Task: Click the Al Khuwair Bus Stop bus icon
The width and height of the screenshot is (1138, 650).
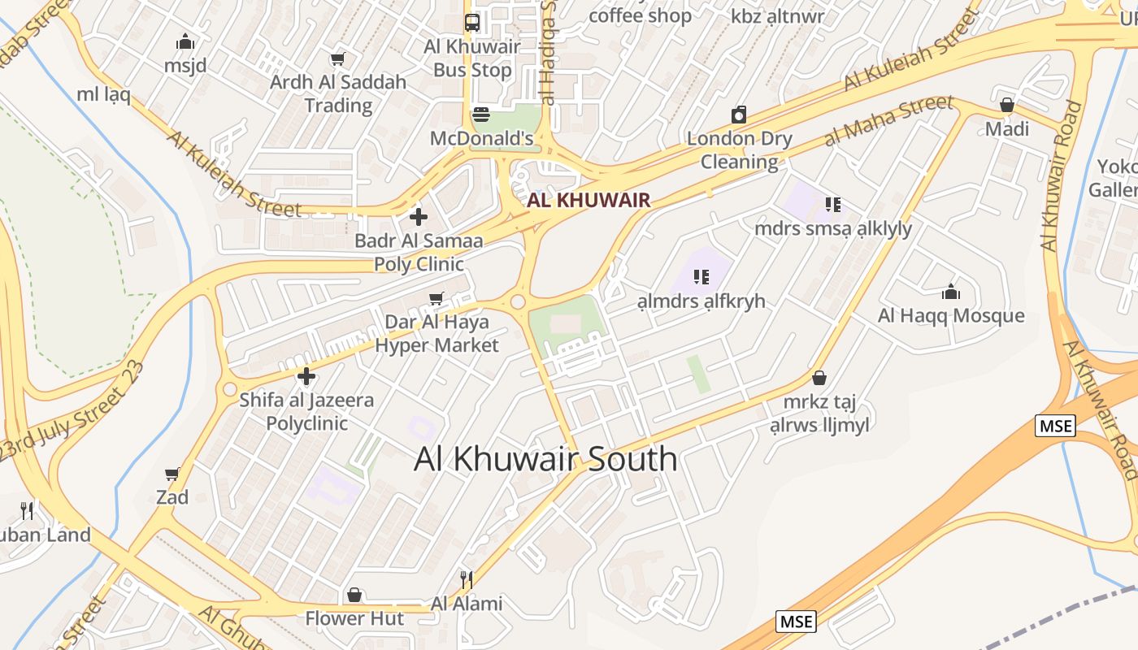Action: [472, 22]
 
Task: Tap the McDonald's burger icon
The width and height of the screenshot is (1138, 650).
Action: [481, 114]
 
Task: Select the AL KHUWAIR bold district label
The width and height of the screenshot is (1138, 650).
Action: [589, 200]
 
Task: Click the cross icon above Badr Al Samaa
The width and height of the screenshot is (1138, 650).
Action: [419, 217]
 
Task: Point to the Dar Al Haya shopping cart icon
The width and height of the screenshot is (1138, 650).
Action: [437, 298]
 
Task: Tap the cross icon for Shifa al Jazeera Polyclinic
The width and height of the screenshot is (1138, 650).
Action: [306, 376]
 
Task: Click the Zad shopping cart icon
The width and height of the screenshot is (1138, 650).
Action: [172, 474]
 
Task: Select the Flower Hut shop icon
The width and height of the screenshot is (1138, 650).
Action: [354, 596]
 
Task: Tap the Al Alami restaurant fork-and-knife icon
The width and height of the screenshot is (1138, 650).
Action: [467, 580]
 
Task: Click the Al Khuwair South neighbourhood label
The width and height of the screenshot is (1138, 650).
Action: [545, 459]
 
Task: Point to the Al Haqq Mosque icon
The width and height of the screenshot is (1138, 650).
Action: [951, 292]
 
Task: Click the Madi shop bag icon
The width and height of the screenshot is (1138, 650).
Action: [1007, 105]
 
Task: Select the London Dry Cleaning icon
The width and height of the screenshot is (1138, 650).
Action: [739, 115]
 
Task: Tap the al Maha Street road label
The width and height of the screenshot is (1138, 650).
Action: [888, 120]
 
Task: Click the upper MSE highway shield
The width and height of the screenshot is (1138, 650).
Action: [1055, 425]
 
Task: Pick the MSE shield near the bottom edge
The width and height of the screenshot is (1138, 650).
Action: [796, 622]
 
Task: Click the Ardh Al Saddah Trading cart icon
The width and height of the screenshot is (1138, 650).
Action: [337, 58]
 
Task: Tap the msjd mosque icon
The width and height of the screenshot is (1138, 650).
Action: [185, 41]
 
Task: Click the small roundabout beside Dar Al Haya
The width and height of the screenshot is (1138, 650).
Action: [518, 302]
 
